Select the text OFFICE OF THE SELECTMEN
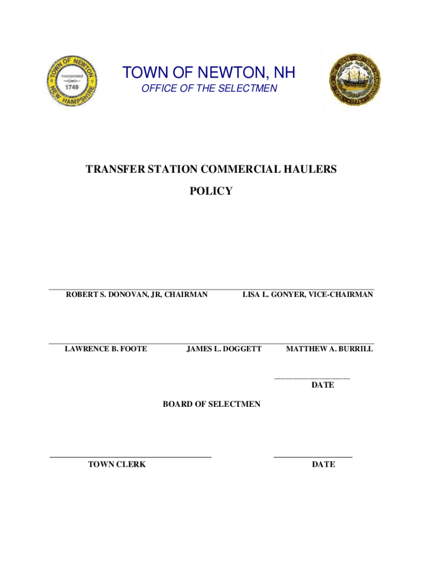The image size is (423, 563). click(x=209, y=89)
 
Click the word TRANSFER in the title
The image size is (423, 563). click(x=116, y=170)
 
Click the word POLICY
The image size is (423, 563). click(x=210, y=191)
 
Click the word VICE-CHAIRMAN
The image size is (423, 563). click(x=341, y=295)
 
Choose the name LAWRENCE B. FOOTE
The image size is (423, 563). click(x=106, y=349)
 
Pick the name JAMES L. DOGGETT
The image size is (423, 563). click(x=224, y=349)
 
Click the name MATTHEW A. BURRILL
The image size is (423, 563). click(x=330, y=349)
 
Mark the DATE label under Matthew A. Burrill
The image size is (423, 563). click(x=322, y=385)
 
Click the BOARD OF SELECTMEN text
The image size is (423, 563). click(x=211, y=405)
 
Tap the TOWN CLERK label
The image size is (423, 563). click(x=117, y=465)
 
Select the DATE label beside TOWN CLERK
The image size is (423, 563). click(x=323, y=465)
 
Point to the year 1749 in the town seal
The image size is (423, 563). click(x=72, y=86)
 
